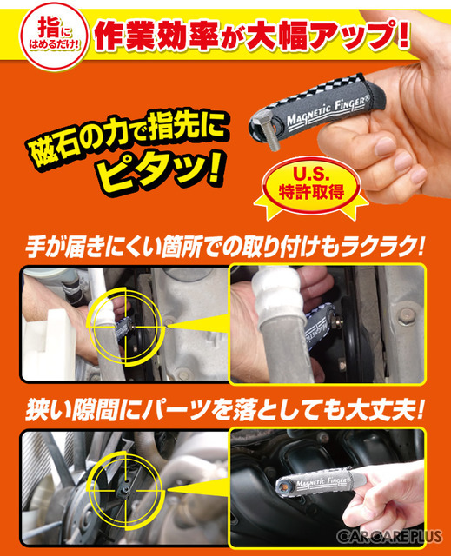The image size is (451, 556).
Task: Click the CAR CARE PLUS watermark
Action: [x=391, y=536]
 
